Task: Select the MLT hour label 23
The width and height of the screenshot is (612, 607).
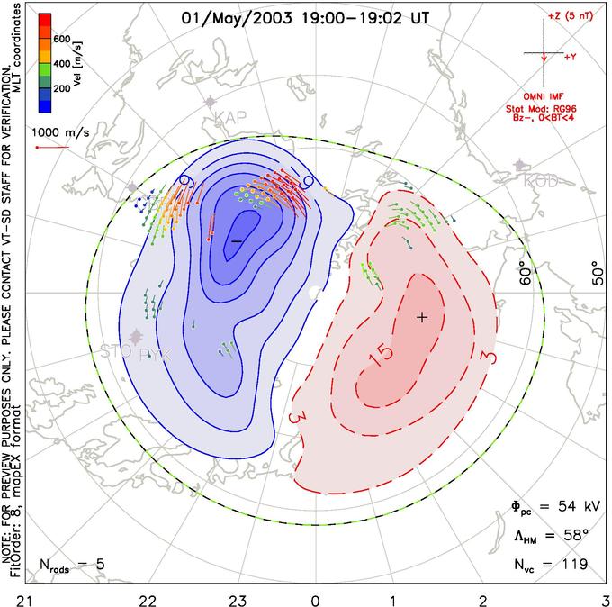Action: [238, 597]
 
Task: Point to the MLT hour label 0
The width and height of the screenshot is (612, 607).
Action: [316, 597]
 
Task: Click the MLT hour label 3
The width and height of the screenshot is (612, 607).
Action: [605, 597]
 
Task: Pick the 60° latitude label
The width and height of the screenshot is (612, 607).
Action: [528, 277]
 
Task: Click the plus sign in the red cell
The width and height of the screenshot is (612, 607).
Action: [421, 317]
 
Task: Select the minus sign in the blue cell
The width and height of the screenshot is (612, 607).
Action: [236, 241]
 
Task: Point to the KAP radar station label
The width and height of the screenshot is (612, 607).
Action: [230, 117]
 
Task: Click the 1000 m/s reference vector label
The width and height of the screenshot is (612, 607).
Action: [60, 132]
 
